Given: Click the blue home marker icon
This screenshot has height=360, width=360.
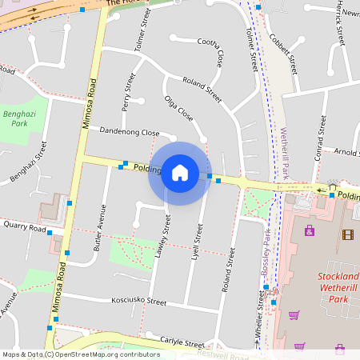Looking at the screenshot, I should point(180,173).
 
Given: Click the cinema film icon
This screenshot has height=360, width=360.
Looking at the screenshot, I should point(346,234).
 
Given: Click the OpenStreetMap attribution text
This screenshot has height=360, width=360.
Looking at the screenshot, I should point(81,354).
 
